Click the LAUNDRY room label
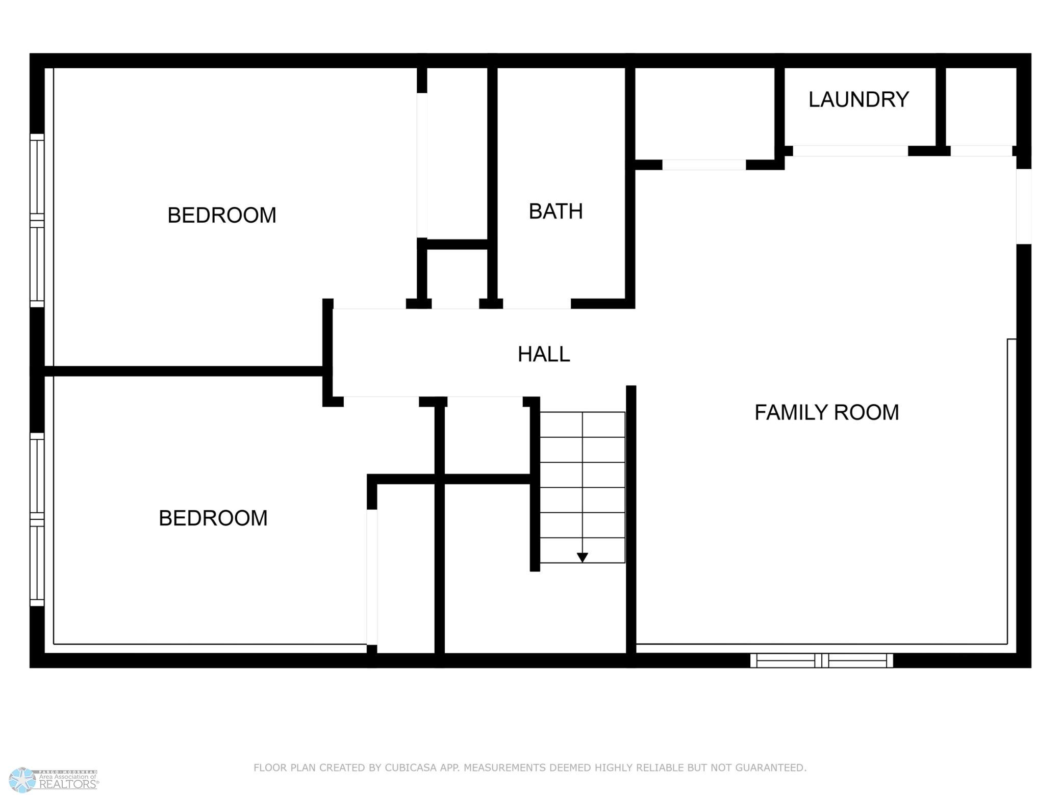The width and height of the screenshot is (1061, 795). point(858,99)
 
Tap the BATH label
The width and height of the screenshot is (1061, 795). point(555,211)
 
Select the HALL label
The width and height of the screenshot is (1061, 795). point(544,354)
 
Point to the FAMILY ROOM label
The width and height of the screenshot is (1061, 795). point(826,412)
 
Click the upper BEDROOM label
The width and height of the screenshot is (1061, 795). point(222,215)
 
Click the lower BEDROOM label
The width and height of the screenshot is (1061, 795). point(213,518)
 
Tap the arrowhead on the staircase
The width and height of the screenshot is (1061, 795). point(582,558)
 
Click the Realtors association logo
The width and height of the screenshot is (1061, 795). point(54,779)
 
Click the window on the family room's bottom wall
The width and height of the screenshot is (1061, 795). point(821,660)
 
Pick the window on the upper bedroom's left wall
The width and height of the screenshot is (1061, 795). point(37,221)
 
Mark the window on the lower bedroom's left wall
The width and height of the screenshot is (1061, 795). point(37,519)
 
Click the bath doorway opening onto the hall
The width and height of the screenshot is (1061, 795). point(537,304)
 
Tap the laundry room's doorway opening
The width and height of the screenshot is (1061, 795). point(850,151)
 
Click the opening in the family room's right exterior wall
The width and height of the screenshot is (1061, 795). point(1024,206)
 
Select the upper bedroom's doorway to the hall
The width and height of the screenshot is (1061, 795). point(369,304)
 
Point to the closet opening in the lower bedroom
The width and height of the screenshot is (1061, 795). point(372,577)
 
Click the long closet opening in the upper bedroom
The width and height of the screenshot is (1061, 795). point(422,166)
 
